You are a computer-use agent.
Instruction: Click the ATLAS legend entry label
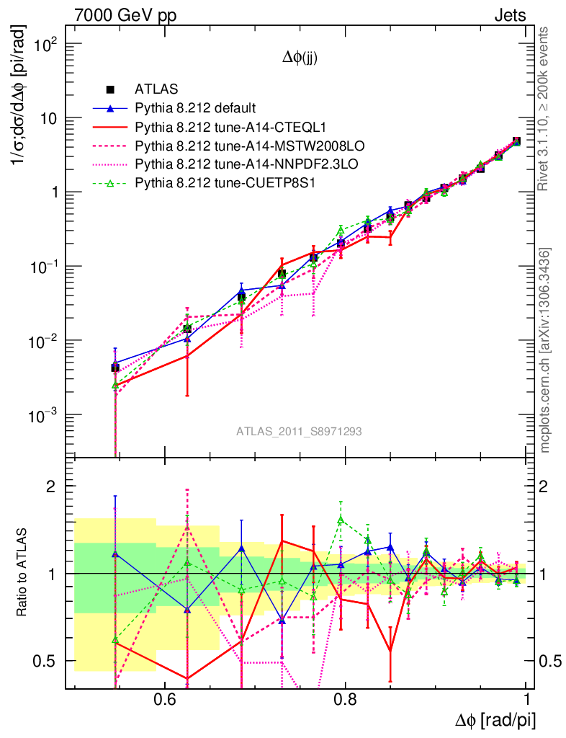[x=152, y=90]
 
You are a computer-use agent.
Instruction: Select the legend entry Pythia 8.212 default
[x=195, y=109]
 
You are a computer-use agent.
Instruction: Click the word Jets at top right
[x=509, y=15]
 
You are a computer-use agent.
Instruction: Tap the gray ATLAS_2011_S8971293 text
[x=299, y=432]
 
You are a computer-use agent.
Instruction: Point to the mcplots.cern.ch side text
[x=545, y=350]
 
